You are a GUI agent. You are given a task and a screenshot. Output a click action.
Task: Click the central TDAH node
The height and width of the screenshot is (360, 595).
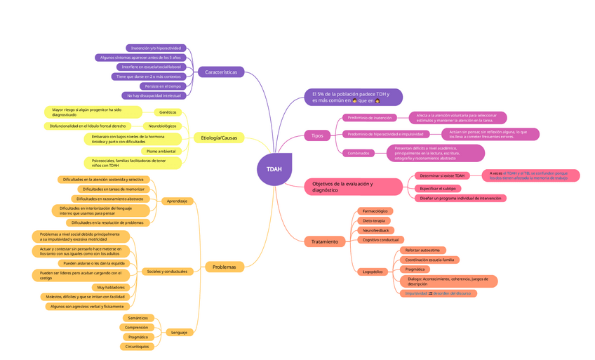point(274,169)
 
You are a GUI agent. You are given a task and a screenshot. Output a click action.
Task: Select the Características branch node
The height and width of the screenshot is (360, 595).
point(221,72)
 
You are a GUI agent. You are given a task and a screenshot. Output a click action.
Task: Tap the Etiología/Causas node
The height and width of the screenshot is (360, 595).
point(218,138)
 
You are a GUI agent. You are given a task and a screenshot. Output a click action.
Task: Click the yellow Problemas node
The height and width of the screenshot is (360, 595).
point(225,267)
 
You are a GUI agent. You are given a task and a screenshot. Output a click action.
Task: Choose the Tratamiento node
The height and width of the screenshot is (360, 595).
point(325,241)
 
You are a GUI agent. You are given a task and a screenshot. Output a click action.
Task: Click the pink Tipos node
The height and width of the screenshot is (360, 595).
point(317,135)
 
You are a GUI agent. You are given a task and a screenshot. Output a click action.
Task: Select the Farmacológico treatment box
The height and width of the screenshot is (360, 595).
point(375,211)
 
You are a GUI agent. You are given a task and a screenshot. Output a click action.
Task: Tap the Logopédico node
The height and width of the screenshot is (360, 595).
point(372,272)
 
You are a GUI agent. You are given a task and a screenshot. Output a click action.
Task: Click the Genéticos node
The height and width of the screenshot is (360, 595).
point(168,112)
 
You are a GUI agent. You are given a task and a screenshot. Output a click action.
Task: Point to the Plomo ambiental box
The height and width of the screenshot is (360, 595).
point(161,151)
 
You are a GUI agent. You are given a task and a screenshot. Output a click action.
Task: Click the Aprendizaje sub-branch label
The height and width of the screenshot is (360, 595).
point(177,201)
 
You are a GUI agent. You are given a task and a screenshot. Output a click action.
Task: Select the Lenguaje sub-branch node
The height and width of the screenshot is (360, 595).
point(178,332)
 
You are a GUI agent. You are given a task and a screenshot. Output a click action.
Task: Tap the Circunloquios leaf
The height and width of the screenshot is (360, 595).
point(138,347)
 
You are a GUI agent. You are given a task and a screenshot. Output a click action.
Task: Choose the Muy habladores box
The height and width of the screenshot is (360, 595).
point(110,288)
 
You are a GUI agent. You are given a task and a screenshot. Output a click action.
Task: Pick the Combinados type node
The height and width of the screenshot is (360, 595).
point(359,153)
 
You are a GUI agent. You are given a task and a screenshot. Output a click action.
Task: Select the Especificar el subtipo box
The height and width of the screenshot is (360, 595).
point(437,188)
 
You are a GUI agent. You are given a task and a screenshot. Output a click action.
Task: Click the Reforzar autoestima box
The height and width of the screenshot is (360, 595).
point(422,250)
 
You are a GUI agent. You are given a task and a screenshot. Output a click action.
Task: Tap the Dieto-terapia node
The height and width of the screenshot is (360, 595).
point(373,220)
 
